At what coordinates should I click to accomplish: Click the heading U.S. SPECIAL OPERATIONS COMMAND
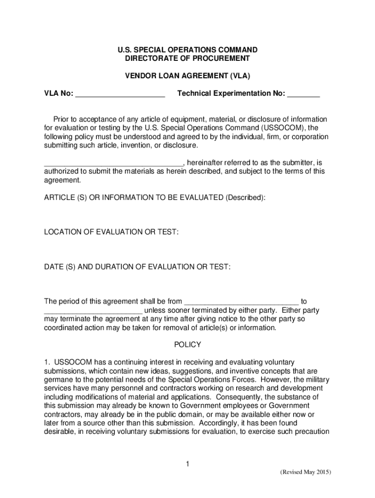coord(187,50)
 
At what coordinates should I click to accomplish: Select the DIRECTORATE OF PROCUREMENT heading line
coord(187,58)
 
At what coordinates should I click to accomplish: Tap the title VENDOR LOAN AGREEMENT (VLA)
coord(187,76)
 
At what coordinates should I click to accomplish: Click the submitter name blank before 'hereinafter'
coord(113,162)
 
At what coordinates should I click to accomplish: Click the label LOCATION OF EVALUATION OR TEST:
coord(112,232)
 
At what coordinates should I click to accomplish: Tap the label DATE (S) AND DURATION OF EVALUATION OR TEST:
coord(137,267)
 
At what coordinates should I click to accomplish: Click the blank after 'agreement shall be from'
coord(242,302)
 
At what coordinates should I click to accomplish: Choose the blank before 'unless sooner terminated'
coord(93,310)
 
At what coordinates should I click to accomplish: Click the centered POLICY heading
coord(187,345)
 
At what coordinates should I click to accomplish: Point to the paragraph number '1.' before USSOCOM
coord(47,362)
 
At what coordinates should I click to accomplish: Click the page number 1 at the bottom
coord(187,464)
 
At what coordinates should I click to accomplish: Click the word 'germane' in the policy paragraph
coord(58,379)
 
